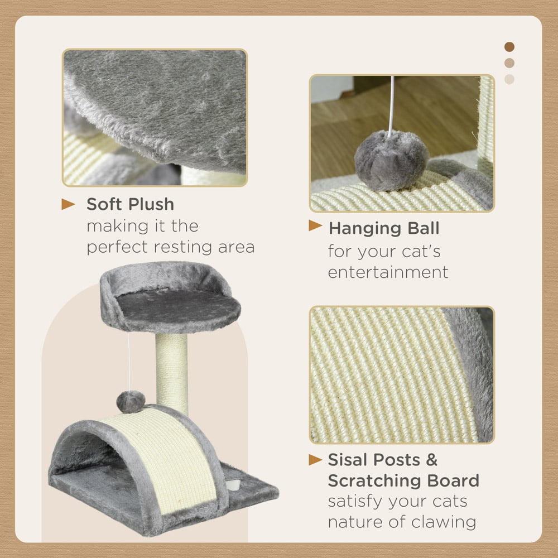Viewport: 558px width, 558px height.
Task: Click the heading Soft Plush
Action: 130,204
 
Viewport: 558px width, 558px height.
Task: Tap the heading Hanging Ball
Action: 384,229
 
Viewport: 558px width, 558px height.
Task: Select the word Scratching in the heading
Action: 373,481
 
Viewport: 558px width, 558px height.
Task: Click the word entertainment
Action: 388,272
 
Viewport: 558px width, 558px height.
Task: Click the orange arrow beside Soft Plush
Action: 68,204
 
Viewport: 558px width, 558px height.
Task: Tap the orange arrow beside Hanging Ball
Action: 315,225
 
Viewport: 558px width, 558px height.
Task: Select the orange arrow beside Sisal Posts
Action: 315,460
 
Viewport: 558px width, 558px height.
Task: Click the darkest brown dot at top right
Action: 509,47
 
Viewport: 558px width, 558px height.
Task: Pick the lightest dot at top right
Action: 509,79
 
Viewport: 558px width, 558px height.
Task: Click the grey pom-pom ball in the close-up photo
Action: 392,161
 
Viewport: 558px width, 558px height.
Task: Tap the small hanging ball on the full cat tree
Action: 131,402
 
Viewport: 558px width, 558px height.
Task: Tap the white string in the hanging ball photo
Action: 392,105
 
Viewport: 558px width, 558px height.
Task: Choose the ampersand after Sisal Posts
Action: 431,460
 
